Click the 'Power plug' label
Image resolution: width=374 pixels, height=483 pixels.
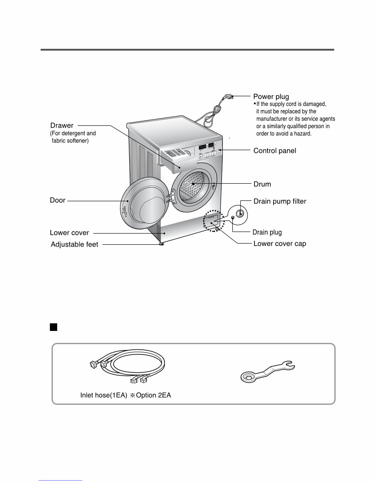tap(271, 97)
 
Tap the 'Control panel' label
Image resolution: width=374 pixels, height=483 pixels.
tap(274, 151)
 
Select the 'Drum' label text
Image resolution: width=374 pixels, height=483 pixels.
tap(262, 184)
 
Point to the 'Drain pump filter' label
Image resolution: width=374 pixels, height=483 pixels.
tap(280, 202)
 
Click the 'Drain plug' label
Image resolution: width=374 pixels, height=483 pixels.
tap(267, 232)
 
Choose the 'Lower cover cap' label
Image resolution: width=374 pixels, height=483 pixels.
tap(280, 243)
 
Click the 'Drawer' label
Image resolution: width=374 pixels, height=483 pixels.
tap(62, 125)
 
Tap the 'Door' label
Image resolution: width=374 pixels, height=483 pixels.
tap(58, 200)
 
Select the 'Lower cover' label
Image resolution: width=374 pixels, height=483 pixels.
tap(69, 233)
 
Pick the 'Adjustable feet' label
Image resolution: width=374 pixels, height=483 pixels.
tap(74, 245)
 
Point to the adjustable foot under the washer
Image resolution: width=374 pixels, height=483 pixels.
tap(161, 244)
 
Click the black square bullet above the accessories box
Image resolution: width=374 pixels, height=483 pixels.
tap(54, 328)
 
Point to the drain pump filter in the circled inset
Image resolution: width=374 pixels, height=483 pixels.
tap(239, 212)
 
